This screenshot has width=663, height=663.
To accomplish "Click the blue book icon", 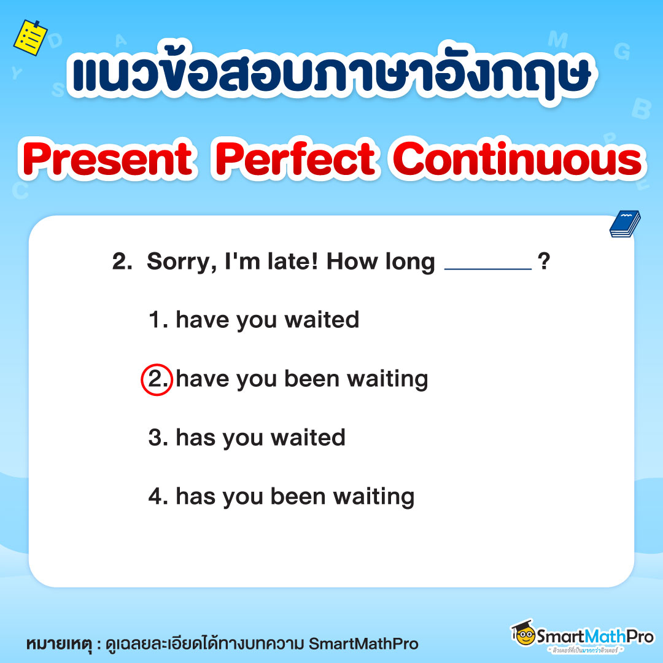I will (x=624, y=224).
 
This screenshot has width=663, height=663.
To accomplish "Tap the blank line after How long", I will (x=487, y=265).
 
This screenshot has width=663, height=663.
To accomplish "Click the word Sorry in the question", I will (x=178, y=263).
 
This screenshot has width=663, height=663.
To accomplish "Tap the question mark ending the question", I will (x=543, y=263).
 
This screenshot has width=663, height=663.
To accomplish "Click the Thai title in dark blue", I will (x=331, y=75).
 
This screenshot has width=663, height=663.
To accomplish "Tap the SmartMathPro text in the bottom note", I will (x=363, y=644).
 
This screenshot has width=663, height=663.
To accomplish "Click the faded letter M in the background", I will (x=557, y=40).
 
